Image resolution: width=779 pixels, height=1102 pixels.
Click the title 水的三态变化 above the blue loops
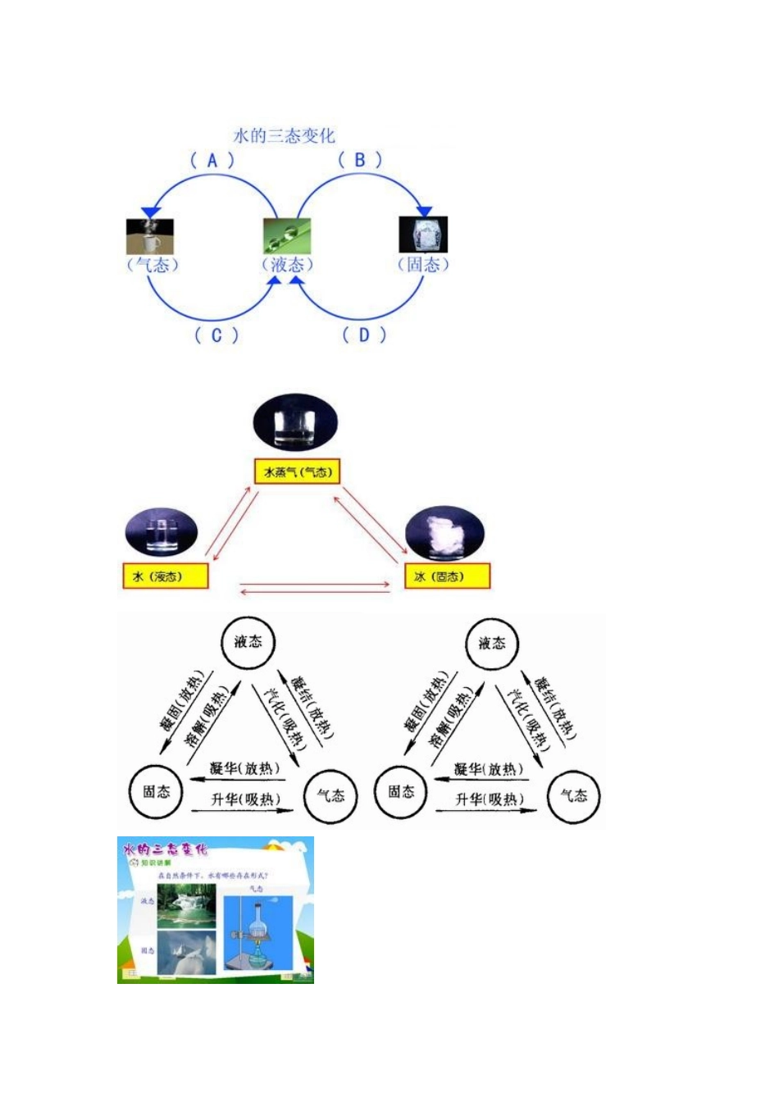click(x=285, y=135)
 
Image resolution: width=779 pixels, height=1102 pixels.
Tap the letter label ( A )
click(x=212, y=160)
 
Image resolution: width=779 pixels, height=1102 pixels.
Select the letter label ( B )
click(x=360, y=160)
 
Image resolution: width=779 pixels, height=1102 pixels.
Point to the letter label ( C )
click(x=216, y=335)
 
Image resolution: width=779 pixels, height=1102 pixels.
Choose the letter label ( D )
click(x=364, y=335)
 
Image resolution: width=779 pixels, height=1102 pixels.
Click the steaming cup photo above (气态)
click(x=150, y=236)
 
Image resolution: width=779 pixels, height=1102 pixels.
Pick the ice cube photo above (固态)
click(x=423, y=235)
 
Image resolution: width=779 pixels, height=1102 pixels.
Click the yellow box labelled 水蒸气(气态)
click(x=296, y=471)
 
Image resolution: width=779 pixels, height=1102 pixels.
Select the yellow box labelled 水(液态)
click(x=165, y=576)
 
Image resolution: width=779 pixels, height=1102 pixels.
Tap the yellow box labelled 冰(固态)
click(x=448, y=576)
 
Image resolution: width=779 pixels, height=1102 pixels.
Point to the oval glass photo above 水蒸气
click(x=295, y=421)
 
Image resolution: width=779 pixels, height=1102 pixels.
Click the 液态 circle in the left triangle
click(x=248, y=642)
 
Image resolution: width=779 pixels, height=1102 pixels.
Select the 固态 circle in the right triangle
click(x=401, y=791)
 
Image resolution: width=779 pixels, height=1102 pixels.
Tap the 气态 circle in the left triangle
click(x=330, y=795)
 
